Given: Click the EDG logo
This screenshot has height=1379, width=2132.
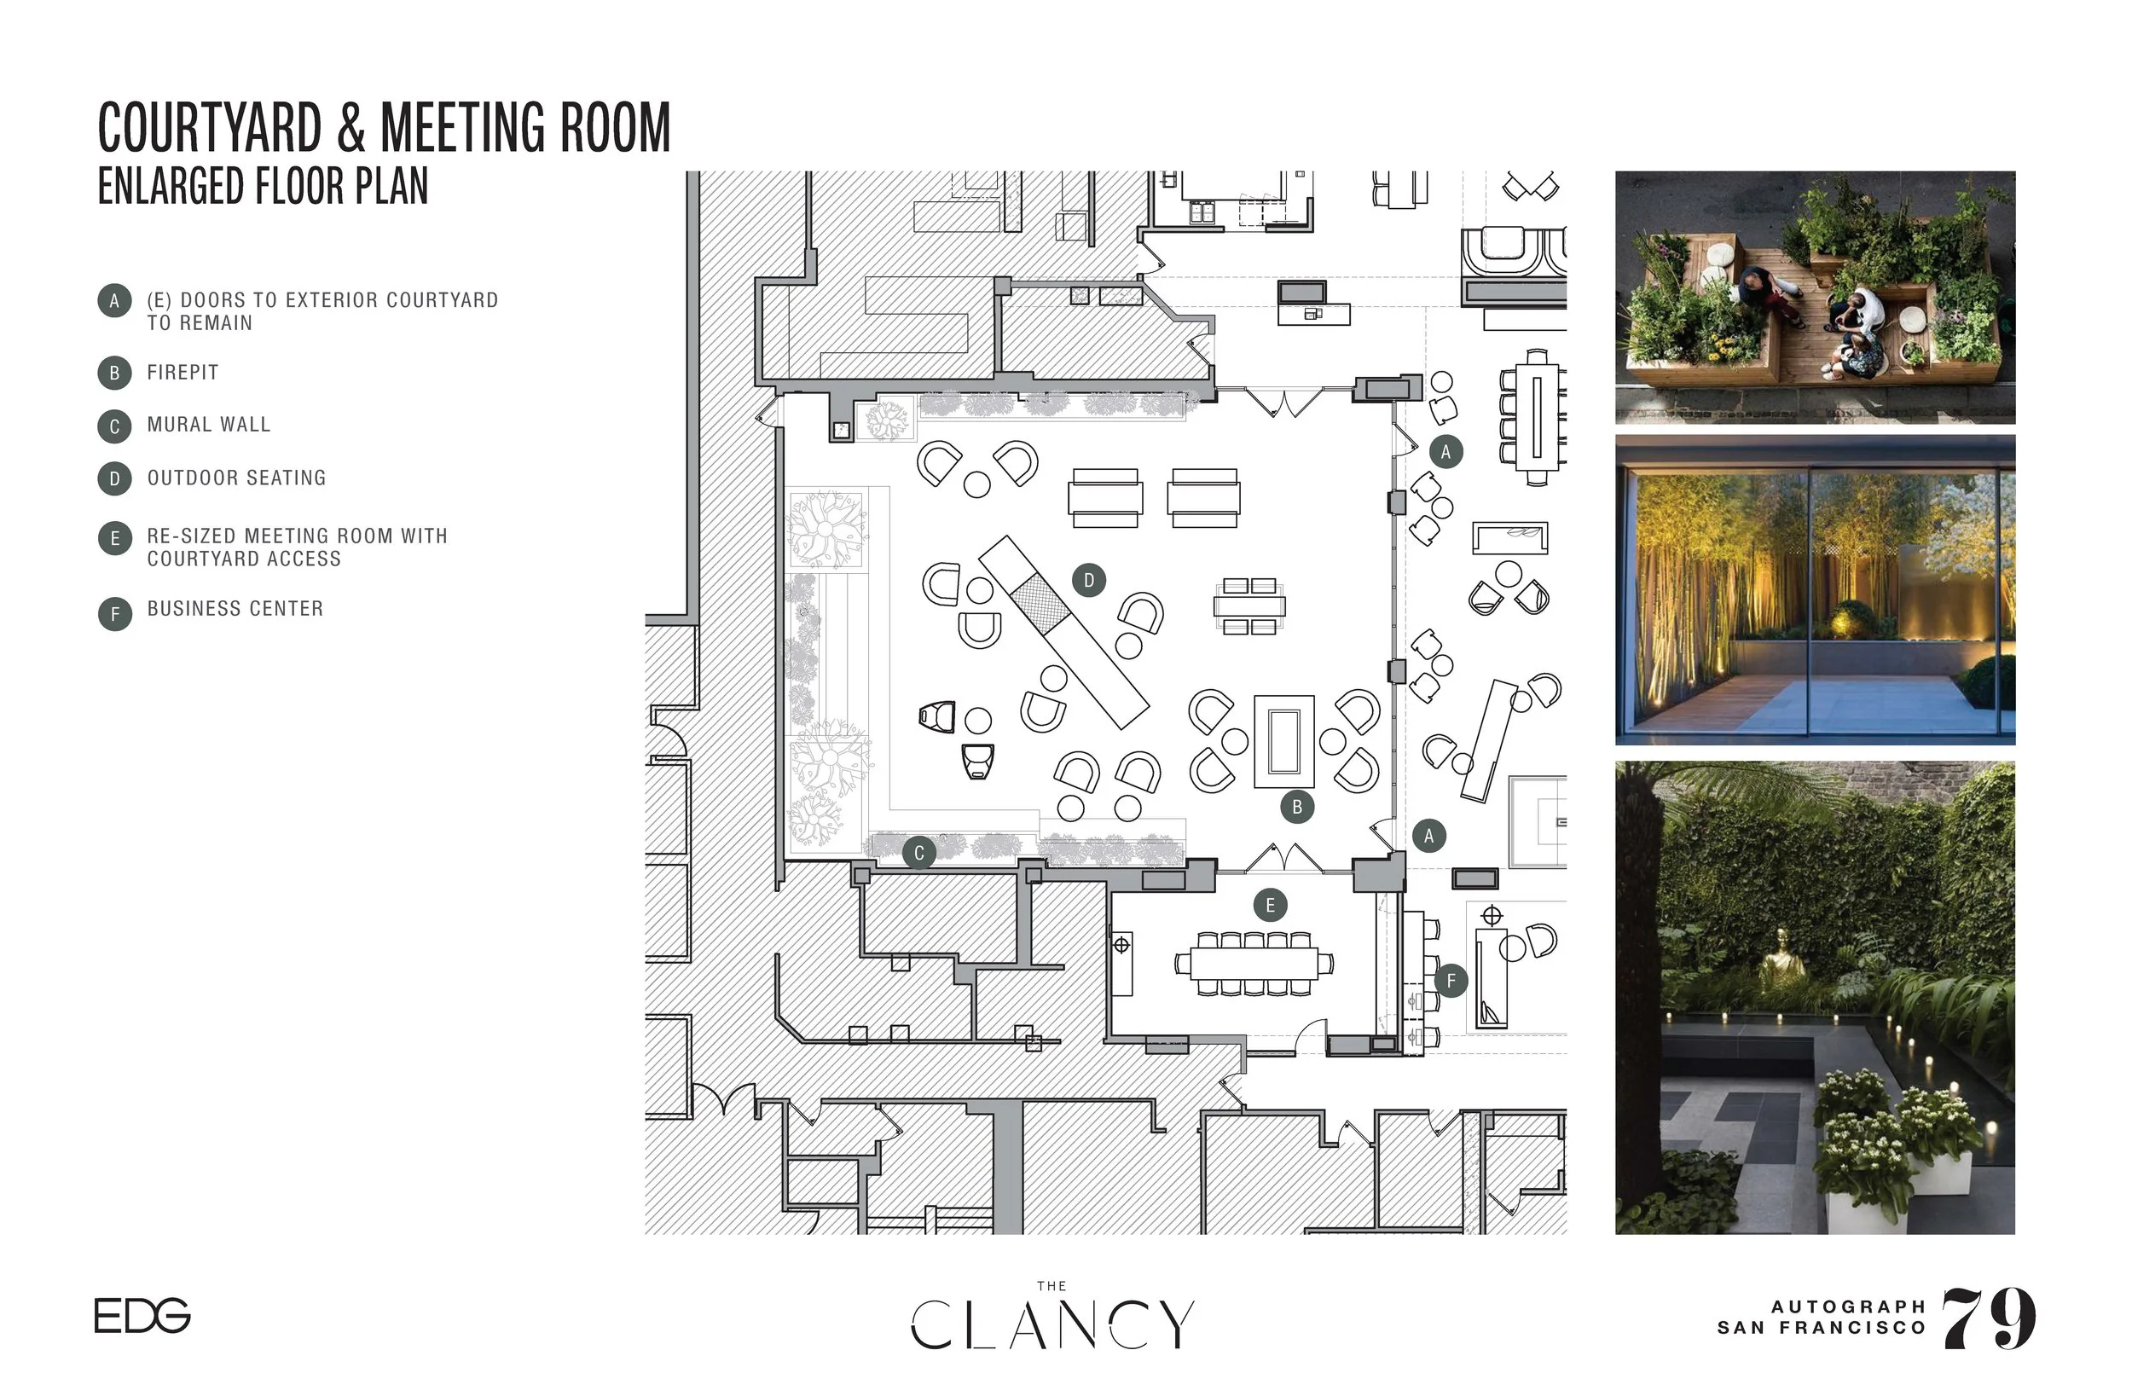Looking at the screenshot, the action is (x=142, y=1315).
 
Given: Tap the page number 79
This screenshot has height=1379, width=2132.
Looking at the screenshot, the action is (x=1989, y=1318).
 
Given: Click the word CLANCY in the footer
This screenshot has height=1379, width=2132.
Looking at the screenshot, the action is (x=1052, y=1324).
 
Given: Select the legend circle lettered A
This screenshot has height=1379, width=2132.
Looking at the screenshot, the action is (x=114, y=301).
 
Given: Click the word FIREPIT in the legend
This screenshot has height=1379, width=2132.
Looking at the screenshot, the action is (x=182, y=373).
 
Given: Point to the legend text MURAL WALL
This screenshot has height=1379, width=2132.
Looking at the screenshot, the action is (x=209, y=425).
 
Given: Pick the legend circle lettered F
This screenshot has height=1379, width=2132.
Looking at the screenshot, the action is (x=114, y=614).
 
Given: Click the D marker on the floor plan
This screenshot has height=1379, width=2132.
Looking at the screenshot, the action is (x=1089, y=580).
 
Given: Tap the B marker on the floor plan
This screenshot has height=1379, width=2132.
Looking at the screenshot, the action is (x=1296, y=807).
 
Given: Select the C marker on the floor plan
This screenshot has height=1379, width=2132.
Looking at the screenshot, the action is (x=918, y=854).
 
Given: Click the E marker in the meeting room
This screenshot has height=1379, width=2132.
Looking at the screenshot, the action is (x=1270, y=906).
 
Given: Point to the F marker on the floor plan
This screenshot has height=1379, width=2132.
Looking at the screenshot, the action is (x=1451, y=981).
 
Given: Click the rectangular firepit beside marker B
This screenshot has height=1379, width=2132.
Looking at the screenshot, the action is (x=1284, y=741).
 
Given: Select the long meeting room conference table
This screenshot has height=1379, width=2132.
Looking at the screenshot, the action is (x=1254, y=964).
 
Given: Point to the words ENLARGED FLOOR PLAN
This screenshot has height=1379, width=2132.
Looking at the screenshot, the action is (x=263, y=186).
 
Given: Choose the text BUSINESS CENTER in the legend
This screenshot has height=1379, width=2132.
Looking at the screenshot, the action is (x=235, y=609).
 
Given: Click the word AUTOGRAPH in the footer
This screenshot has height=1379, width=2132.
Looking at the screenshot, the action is (x=1848, y=1307).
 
